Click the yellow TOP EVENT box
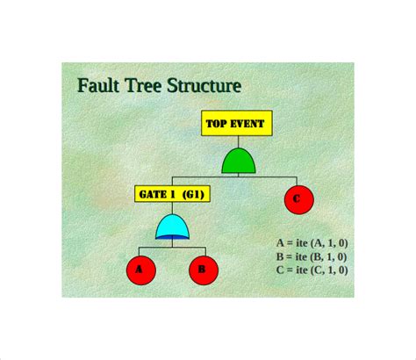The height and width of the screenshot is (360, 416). click(x=237, y=124)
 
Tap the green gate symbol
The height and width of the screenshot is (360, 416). click(x=239, y=161)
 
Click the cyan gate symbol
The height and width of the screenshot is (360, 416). click(x=172, y=227)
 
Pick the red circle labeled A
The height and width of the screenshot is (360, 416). click(x=139, y=270)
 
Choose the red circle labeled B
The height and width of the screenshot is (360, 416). click(x=202, y=270)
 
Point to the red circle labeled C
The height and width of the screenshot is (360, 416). click(x=297, y=200)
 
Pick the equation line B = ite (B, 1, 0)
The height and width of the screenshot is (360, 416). click(x=312, y=256)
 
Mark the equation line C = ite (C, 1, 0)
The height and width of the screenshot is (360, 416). click(x=312, y=270)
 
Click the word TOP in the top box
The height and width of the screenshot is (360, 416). click(x=217, y=124)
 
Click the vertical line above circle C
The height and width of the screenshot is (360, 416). click(x=297, y=180)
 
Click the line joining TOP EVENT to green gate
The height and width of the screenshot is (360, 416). click(x=239, y=141)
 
